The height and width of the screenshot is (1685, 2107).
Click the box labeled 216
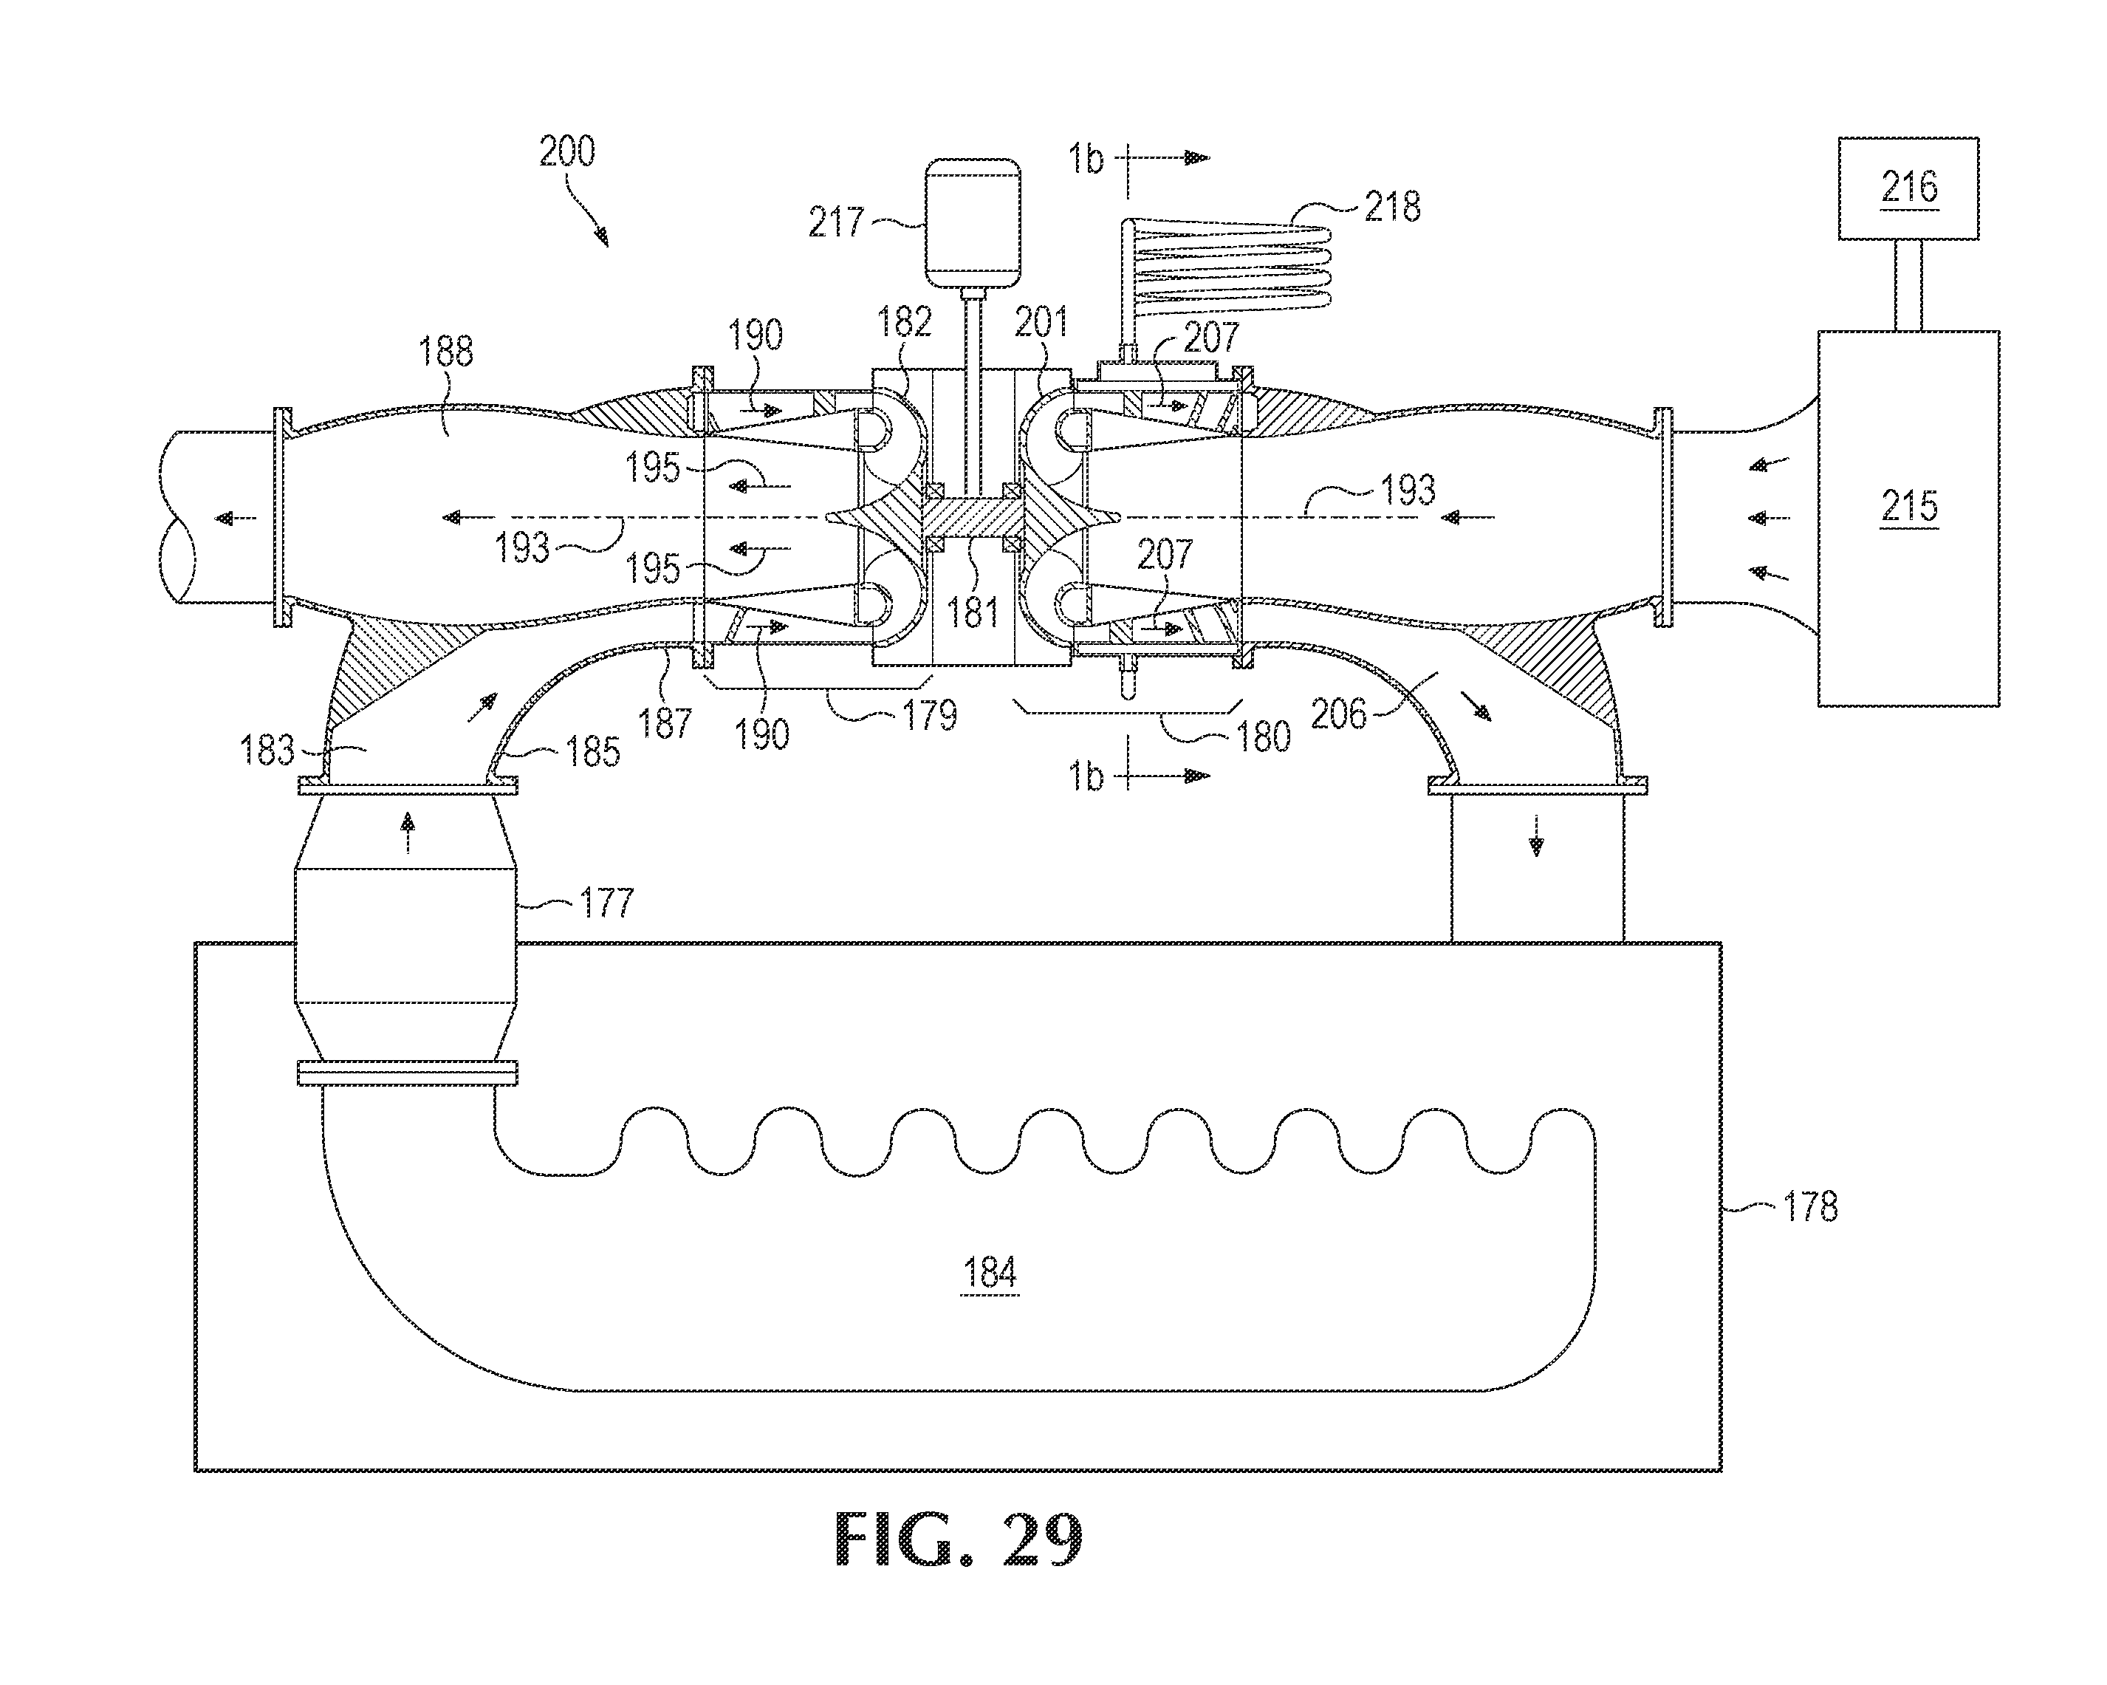coord(1908,188)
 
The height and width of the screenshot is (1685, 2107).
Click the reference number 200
coord(567,151)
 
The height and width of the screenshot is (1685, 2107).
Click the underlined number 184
coord(990,1274)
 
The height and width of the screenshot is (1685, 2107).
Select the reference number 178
coord(1810,1208)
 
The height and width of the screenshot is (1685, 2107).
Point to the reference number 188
coord(445,351)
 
